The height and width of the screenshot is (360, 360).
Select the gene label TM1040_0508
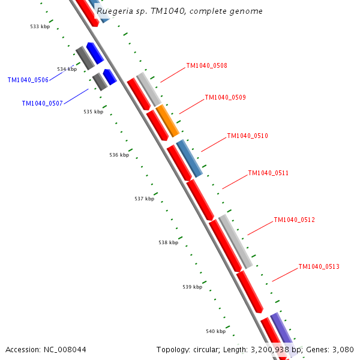206,66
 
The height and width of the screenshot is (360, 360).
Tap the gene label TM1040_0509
225,98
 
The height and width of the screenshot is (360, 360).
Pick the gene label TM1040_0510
247,136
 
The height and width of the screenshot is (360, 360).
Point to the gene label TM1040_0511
268,173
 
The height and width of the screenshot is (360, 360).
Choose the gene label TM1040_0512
294,220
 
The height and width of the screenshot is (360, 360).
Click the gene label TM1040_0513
319,267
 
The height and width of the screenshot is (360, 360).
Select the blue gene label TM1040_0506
28,80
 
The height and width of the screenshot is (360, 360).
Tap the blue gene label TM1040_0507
42,104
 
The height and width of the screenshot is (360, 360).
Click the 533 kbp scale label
40,26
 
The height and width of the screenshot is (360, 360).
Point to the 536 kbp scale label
119,155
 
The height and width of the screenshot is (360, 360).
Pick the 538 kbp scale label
168,243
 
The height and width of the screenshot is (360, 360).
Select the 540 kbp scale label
215,332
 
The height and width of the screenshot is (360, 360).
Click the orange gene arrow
167,121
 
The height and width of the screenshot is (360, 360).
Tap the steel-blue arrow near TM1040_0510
189,158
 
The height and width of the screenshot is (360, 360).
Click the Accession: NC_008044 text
46,349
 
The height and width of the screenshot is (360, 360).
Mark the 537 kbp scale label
144,199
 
